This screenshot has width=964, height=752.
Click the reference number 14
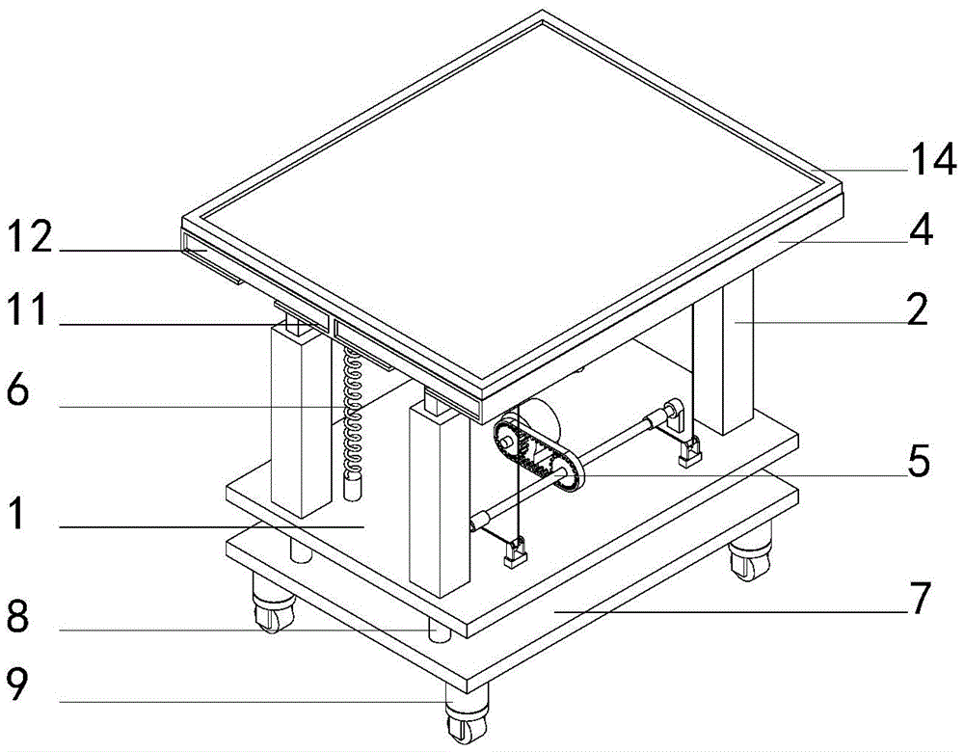tap(932, 159)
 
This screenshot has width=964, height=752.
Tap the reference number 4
tap(921, 229)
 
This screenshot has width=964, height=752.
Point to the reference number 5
tap(919, 461)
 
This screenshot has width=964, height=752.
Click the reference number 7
tap(921, 598)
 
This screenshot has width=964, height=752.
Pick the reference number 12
tap(29, 237)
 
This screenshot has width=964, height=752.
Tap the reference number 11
tap(26, 309)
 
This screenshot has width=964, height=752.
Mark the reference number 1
tap(16, 513)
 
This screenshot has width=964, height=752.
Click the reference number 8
tap(17, 615)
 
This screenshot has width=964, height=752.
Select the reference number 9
tap(17, 685)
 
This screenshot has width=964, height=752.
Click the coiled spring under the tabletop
tap(352, 412)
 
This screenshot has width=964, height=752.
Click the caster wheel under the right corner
tap(749, 557)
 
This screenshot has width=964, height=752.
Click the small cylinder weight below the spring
tap(352, 489)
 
